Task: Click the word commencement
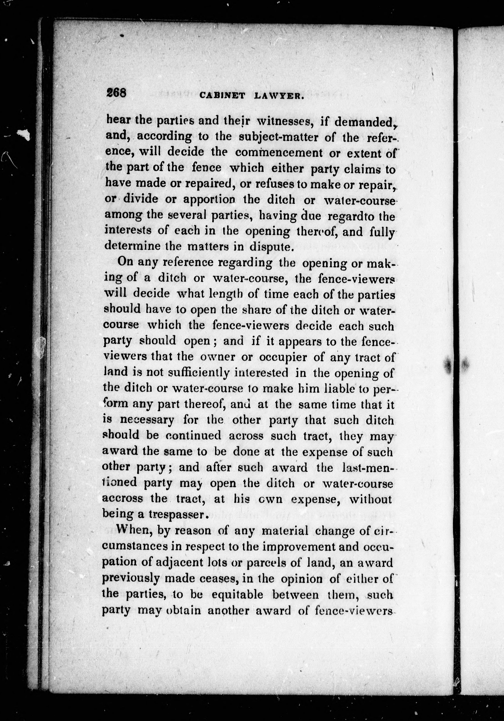(x=279, y=153)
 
